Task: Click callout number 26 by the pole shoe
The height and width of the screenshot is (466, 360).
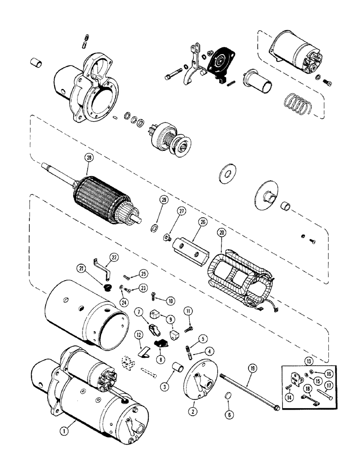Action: [202, 223]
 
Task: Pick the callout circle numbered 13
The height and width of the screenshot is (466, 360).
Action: [298, 362]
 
